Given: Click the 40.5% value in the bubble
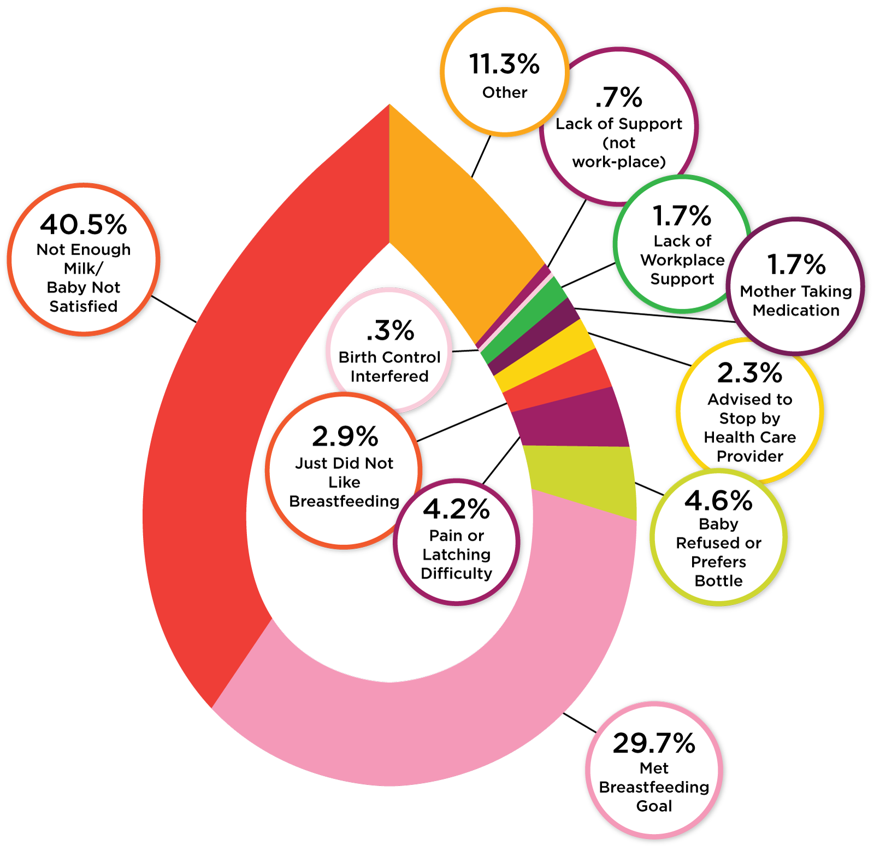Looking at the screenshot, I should click(x=84, y=224).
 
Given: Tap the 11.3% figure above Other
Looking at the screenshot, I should click(x=504, y=64).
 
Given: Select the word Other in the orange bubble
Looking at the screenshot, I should click(x=505, y=92).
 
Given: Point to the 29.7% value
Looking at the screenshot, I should click(x=654, y=743).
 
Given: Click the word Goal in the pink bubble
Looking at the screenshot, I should click(x=654, y=806).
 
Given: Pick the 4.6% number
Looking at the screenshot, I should click(x=718, y=500).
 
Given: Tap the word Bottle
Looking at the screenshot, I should click(x=718, y=580).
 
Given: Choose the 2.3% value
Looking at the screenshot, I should click(x=749, y=373).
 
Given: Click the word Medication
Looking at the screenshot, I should click(x=796, y=310).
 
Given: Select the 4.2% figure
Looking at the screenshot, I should click(x=456, y=509).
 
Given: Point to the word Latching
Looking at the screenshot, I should click(x=456, y=554).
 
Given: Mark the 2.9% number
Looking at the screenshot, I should click(x=345, y=437).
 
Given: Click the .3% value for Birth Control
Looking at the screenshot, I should click(x=389, y=331).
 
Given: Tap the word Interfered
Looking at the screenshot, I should click(x=389, y=376).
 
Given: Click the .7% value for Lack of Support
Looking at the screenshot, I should click(x=618, y=98).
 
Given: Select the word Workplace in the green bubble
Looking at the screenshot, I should click(x=682, y=260).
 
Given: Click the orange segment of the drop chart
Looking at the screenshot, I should click(x=453, y=235).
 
